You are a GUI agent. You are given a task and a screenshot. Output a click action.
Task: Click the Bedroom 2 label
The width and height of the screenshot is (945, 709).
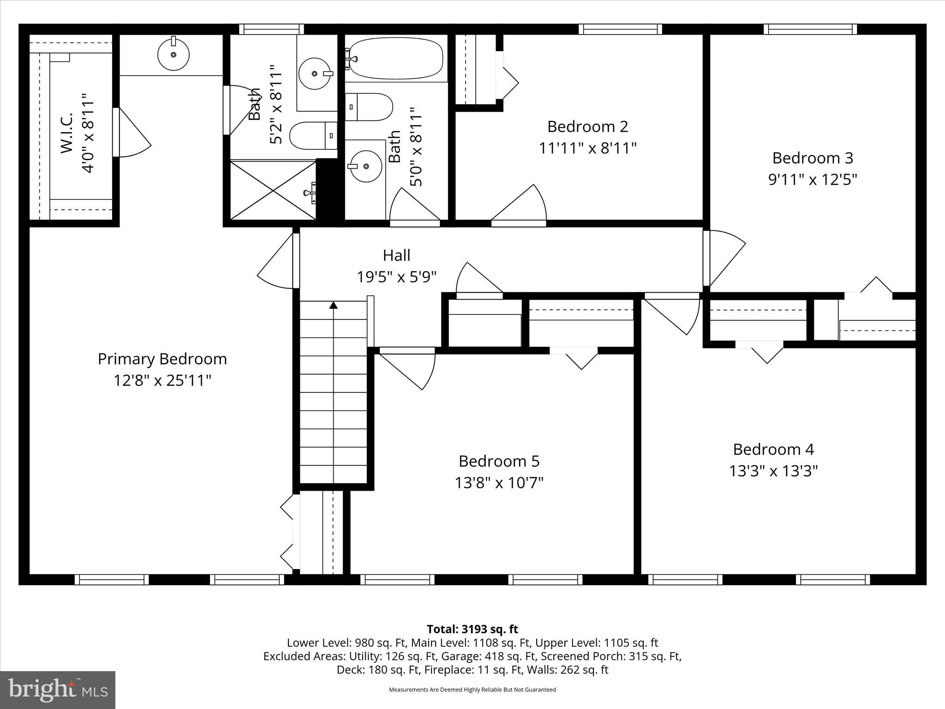coord(587,126)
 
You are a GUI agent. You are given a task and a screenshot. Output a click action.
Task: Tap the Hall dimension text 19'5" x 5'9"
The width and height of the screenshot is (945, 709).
coord(396,277)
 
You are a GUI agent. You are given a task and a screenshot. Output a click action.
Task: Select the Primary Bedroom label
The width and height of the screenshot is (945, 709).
coord(162,359)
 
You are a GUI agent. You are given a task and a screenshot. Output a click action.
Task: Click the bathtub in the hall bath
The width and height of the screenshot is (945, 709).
coord(396,59)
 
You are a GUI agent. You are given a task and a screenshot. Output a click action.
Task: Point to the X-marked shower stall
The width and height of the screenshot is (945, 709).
coord(273,190)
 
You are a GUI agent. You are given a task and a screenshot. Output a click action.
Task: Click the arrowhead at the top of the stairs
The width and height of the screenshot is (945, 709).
coord(333,305)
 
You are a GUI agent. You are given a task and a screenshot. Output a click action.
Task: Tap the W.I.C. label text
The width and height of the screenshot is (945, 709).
coord(66,132)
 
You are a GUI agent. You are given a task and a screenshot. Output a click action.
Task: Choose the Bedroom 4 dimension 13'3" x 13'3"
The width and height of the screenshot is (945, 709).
coord(773,471)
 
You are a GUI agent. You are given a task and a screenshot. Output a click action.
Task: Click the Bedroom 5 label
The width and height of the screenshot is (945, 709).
coord(499,461)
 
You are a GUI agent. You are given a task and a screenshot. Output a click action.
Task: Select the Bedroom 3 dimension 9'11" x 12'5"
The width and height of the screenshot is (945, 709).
coord(813,180)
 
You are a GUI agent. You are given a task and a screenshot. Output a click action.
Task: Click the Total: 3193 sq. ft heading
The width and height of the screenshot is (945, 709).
coord(472,629)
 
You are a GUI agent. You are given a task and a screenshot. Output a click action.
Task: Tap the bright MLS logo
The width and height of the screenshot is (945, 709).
coord(58,690)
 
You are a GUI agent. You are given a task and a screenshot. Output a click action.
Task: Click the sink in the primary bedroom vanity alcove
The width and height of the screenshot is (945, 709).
coord(173,54)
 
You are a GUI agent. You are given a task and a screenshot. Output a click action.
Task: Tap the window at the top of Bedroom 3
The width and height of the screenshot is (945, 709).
coord(810,29)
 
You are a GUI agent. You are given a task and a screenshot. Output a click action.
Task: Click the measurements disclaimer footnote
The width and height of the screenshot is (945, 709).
coord(472,690)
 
